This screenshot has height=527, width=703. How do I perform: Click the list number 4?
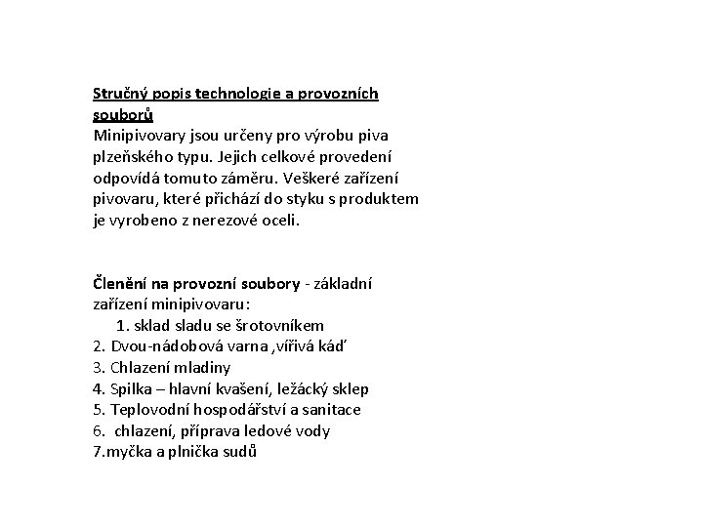(98, 389)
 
